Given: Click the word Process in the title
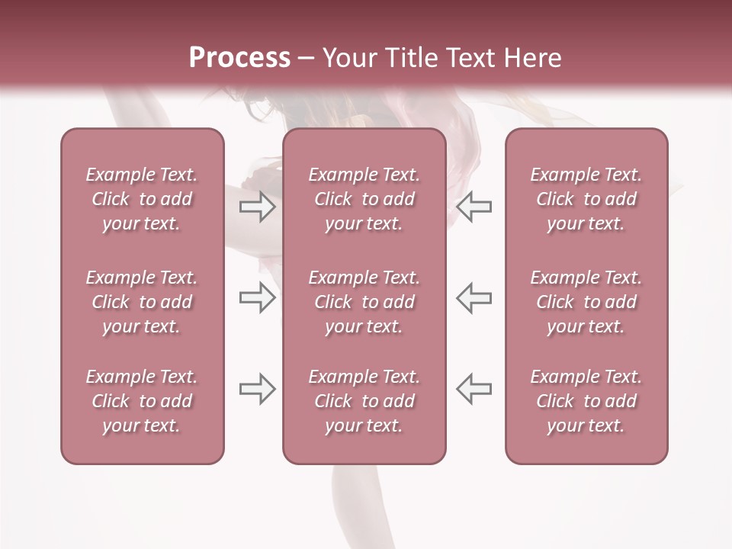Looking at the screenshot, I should (x=239, y=58).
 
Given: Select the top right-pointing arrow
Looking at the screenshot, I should (x=258, y=207).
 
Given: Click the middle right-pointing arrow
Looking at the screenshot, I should (x=258, y=297).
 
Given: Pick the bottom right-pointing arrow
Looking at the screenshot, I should (x=258, y=389).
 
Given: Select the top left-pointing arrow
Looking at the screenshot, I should (x=474, y=207).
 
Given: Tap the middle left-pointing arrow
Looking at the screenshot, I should (x=474, y=297).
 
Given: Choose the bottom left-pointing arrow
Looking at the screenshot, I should (x=474, y=389).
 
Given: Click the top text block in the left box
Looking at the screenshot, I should (x=142, y=199).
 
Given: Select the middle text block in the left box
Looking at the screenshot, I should (x=142, y=302).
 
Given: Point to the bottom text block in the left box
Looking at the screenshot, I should (x=142, y=401).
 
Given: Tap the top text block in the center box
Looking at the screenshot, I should (x=364, y=199).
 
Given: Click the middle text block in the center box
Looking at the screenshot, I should (x=364, y=302).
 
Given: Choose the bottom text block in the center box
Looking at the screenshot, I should (x=364, y=401).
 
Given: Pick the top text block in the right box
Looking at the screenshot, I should (x=586, y=199).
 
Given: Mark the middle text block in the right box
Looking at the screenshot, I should (x=586, y=302).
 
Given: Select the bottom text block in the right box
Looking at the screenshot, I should (x=586, y=401).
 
